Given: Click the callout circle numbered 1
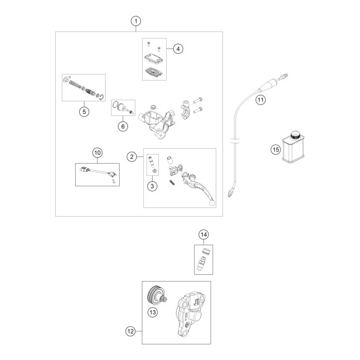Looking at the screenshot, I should [137, 21].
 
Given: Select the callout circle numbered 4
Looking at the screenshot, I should [178, 48].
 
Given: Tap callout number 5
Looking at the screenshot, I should [84, 111].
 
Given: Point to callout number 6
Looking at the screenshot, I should [123, 126].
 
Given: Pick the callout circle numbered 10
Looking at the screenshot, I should [97, 153].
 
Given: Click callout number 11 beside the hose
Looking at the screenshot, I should [260, 100].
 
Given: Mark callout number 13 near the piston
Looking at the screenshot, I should [153, 313].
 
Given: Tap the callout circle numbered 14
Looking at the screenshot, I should [203, 235].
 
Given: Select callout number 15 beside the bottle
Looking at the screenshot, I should [275, 149].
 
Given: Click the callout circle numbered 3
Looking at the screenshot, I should [152, 186].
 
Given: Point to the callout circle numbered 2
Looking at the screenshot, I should [131, 156].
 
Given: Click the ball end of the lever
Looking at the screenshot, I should [212, 204].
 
